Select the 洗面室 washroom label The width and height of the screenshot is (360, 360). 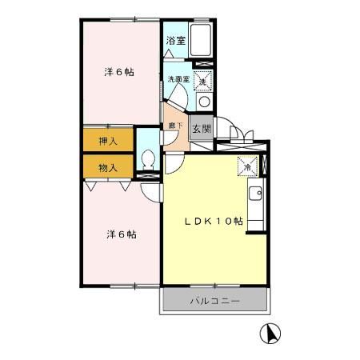178,80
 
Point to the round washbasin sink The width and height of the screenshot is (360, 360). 203,101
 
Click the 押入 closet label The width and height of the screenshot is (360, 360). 108,141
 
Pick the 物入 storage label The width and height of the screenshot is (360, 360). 108,167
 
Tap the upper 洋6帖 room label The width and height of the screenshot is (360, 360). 118,72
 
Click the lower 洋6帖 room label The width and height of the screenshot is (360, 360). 121,234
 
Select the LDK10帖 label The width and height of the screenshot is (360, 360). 214,222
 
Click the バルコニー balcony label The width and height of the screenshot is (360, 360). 214,301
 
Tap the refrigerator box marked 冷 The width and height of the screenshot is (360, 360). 248,167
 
